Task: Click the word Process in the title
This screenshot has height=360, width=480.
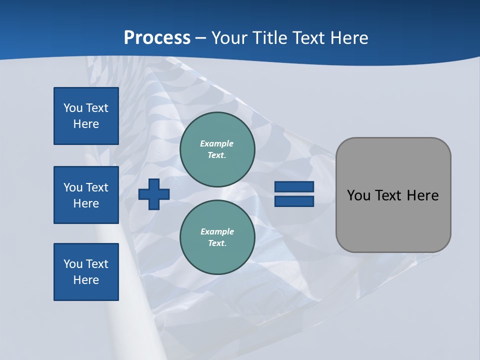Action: pyautogui.click(x=157, y=38)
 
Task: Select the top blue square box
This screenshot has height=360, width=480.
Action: pyautogui.click(x=86, y=116)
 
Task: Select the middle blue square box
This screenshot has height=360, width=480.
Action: pyautogui.click(x=86, y=195)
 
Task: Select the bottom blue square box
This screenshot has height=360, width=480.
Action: pyautogui.click(x=86, y=272)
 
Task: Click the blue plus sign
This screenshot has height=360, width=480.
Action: pyautogui.click(x=154, y=194)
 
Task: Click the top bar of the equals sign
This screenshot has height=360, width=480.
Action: pyautogui.click(x=294, y=187)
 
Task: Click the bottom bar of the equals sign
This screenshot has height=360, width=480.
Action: pyautogui.click(x=294, y=201)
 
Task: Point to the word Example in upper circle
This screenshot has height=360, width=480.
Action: pyautogui.click(x=217, y=143)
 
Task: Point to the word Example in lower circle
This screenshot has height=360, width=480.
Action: pyautogui.click(x=217, y=231)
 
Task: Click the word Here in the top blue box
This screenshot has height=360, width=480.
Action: pyautogui.click(x=86, y=124)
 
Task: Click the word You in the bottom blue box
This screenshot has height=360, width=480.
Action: pyautogui.click(x=73, y=264)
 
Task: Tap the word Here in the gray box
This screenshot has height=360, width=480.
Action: pyautogui.click(x=422, y=195)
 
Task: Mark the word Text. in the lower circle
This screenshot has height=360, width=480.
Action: pyautogui.click(x=217, y=243)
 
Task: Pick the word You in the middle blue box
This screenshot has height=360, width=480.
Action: pyautogui.click(x=73, y=187)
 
